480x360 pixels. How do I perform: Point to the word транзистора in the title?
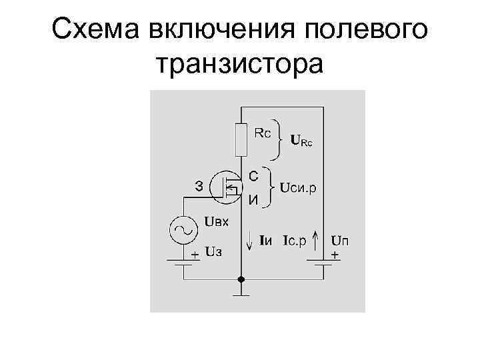(239, 65)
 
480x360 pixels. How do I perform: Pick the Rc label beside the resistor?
(263, 133)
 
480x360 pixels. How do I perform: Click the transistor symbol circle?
(225, 187)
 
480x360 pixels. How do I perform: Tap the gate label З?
(199, 186)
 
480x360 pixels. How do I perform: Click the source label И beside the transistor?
(254, 199)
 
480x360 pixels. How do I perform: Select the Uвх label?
(216, 222)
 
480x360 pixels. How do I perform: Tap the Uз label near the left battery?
(213, 253)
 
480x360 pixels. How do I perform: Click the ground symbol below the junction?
(241, 292)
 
